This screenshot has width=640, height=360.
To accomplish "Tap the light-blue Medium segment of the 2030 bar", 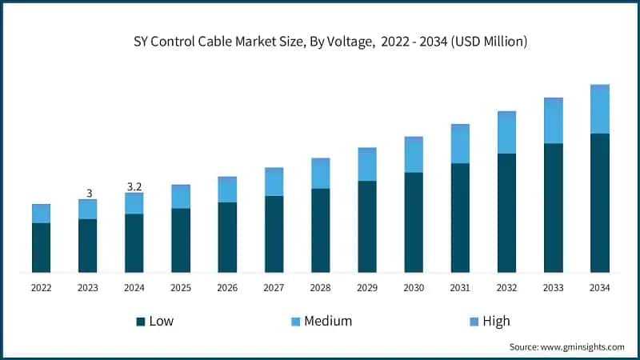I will [414, 155].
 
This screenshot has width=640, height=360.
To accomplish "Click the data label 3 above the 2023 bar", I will [89, 193].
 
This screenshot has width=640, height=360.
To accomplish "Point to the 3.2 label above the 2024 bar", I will [134, 186].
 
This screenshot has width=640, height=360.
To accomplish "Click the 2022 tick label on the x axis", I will [42, 287].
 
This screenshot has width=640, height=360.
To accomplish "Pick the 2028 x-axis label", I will [320, 287].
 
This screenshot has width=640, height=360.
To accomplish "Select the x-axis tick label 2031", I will [460, 287].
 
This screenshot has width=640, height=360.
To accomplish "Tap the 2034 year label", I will [600, 287].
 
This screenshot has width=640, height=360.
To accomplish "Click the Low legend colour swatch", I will [141, 322].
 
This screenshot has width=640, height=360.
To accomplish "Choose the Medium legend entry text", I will [328, 322].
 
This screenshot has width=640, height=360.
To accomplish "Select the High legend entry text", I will [496, 322].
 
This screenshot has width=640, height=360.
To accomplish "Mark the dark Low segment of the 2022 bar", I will [42, 247].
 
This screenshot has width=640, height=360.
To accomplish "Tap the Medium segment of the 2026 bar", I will [227, 190].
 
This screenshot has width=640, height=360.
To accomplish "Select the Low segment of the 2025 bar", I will [181, 240].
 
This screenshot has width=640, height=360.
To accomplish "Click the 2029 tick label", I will [367, 287].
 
